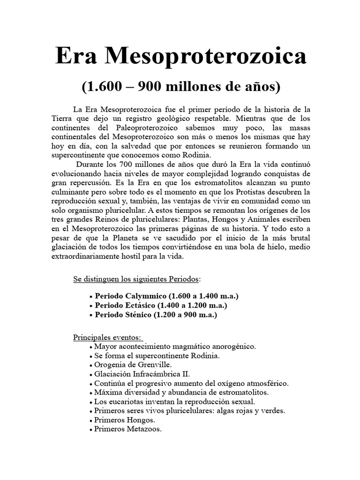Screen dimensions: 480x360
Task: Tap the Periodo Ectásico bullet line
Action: [161, 306]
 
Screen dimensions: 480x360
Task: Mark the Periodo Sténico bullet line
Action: [156, 315]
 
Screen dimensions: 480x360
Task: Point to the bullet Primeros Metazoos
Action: [127, 428]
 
